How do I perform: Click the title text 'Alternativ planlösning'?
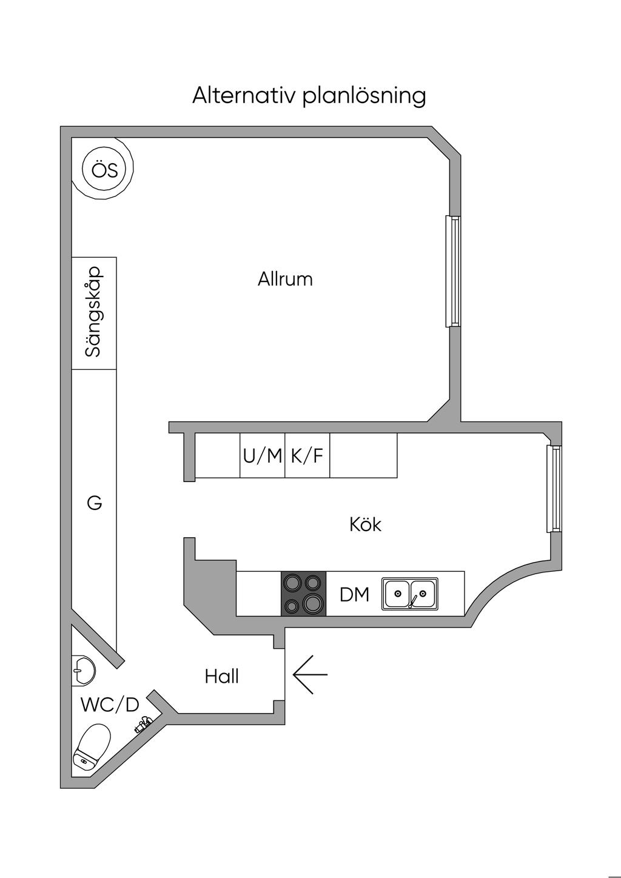tap(309, 96)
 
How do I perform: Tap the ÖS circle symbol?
tap(104, 170)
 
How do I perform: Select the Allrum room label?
tap(285, 280)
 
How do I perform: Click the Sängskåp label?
tap(94, 313)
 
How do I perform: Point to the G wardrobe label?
tap(94, 503)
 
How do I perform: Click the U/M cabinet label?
tap(263, 456)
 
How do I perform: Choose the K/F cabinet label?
tap(307, 456)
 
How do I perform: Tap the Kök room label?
tap(365, 524)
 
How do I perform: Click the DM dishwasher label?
tap(354, 595)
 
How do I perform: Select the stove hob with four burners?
tap(303, 594)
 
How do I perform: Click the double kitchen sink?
tap(409, 594)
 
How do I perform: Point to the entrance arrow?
tap(310, 674)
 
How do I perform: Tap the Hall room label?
tap(221, 676)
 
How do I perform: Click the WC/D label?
tap(110, 705)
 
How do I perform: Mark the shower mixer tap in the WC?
tap(143, 724)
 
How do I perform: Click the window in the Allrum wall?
tap(452, 271)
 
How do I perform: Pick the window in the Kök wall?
tap(554, 489)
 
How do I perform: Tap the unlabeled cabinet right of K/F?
tap(363, 456)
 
